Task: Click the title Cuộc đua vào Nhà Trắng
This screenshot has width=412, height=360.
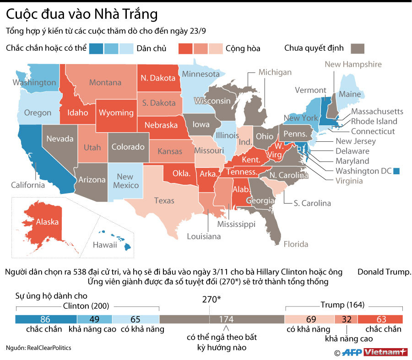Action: point(82,15)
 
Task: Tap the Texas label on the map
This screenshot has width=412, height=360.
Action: point(164,200)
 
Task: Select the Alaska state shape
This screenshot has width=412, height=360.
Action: point(42,224)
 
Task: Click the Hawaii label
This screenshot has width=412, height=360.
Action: point(105,245)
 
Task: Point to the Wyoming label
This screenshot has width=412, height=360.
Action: point(116,113)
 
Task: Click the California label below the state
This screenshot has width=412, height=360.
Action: point(28,185)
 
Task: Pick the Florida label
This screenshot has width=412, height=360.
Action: point(296,244)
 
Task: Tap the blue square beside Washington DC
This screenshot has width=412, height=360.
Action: point(396,171)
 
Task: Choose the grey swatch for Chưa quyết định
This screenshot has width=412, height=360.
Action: point(358,48)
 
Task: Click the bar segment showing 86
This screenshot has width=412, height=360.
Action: point(45,319)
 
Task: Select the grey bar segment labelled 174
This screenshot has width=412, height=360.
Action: point(222,319)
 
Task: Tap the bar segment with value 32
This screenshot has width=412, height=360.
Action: point(346,319)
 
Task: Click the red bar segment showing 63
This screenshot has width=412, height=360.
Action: point(380,319)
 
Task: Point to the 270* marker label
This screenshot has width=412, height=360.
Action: point(211,300)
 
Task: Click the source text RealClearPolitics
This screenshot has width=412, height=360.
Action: point(49,348)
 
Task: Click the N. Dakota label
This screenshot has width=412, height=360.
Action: point(158,77)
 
